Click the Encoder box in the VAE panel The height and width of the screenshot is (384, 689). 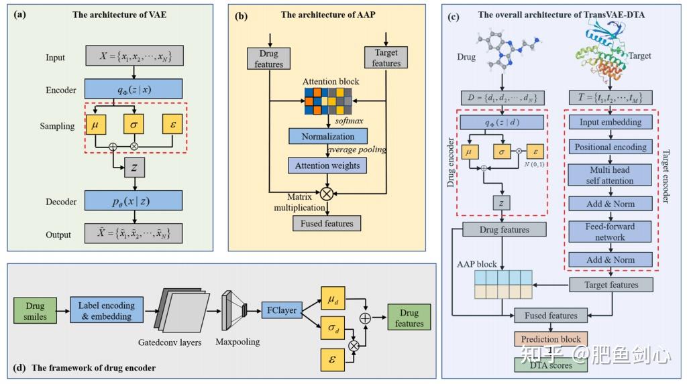tap(134, 90)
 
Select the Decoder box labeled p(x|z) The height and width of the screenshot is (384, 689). tap(134, 200)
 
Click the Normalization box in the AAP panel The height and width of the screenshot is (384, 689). tap(328, 136)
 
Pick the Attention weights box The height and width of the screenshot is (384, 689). tap(328, 166)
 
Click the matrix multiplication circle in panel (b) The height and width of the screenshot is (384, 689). tap(327, 194)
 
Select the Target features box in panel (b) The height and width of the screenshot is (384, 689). tap(386, 58)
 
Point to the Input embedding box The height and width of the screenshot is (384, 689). tap(609, 123)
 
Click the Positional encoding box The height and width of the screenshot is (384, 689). tap(609, 147)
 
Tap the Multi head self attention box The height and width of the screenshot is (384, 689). tap(609, 176)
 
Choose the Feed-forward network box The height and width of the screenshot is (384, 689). tap(609, 232)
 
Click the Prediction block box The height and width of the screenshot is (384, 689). tap(551, 339)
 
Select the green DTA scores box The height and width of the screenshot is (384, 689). tap(551, 365)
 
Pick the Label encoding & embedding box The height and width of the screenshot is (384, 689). tap(107, 311)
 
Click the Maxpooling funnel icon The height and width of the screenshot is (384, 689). tap(235, 310)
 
